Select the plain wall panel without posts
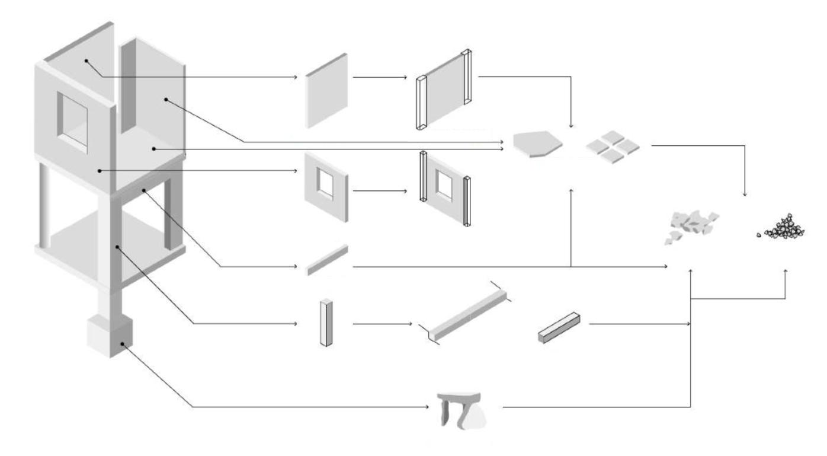pos(326,91)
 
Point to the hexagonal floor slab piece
pos(536,144)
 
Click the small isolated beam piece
pos(326,260)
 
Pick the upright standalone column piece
pos(323,323)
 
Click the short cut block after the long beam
pos(559,327)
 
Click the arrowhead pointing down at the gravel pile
pos(744,194)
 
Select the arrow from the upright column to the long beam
pos(382,324)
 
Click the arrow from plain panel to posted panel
pos(379,77)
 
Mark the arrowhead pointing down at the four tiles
pos(570,126)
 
